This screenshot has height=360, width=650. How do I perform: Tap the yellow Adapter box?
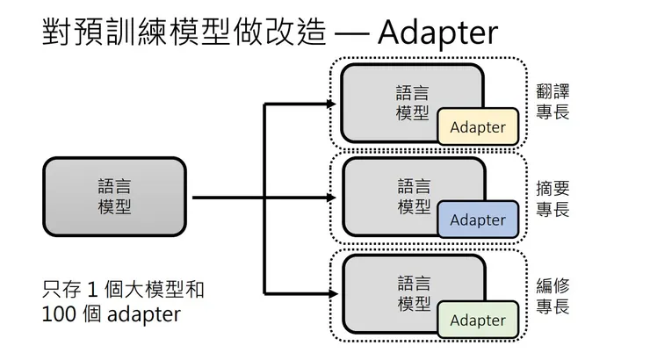[477, 126]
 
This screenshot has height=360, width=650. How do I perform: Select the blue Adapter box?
[477, 220]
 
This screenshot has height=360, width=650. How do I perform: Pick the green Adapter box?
[477, 320]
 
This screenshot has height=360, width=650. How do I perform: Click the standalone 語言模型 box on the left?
[115, 197]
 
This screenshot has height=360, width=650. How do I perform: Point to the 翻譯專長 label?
[553, 102]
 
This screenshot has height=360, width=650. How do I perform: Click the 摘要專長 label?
[553, 198]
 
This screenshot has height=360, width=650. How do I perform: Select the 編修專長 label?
[553, 296]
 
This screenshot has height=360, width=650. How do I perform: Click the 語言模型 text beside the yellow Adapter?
[414, 102]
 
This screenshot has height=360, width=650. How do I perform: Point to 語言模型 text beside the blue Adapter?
[414, 196]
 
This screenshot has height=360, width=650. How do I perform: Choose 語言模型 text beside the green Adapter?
[414, 293]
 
